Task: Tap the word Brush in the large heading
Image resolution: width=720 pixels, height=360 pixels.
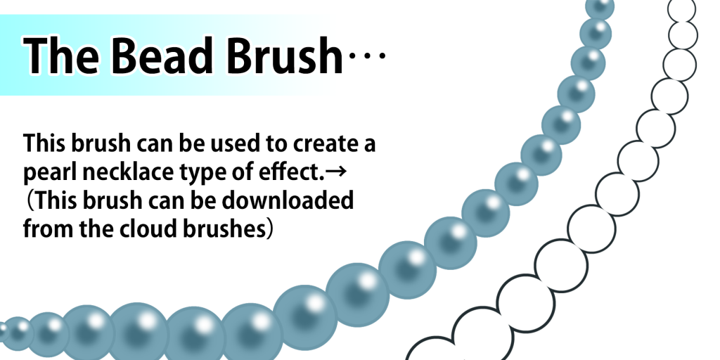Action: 285,55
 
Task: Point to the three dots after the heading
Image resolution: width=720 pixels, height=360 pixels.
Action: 367,56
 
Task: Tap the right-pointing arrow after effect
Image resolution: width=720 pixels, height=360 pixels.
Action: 337,173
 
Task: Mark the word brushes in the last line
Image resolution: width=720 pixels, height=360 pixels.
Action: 225,229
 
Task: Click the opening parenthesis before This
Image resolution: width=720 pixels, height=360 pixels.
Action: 30,200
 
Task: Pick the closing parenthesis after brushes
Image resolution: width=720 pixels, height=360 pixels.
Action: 271,229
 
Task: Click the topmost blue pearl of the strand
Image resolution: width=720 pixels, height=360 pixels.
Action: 600,6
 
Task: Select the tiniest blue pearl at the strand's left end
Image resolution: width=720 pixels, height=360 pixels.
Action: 3,333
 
